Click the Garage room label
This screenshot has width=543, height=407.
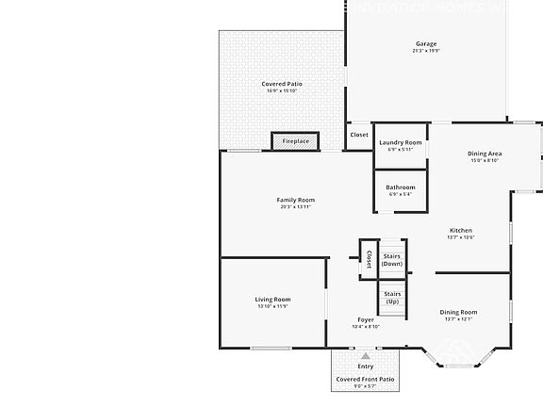426,44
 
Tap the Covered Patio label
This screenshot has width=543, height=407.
281,84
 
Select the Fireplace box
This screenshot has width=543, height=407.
295,141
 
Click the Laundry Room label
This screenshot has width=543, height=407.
400,142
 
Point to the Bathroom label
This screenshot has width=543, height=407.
400,187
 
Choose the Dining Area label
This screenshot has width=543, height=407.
485,154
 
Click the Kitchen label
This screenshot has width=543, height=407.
460,230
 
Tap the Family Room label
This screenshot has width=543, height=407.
295,200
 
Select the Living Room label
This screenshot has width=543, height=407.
272,300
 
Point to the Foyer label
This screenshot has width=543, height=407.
366,320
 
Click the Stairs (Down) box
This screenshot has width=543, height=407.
392,259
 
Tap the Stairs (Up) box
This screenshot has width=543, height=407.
392,299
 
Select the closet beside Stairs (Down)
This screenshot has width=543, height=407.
369,259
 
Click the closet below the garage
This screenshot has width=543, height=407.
359,135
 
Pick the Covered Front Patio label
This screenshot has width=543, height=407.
366,379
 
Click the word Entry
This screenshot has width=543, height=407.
366,366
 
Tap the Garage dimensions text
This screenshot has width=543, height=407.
426,51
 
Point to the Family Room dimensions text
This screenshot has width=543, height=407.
295,206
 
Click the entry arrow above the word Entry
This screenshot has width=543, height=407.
366,356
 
